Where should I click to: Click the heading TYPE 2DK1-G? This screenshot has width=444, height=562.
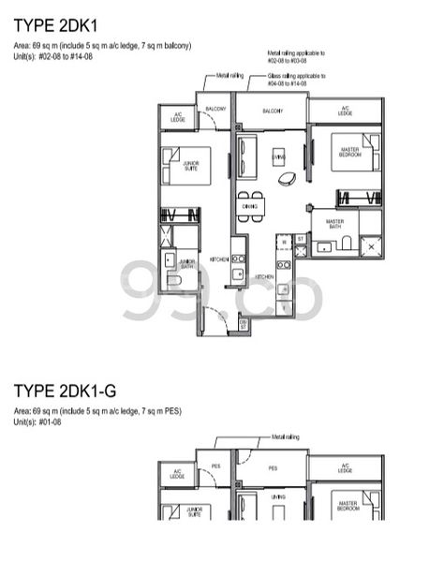63,389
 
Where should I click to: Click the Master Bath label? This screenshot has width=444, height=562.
334,224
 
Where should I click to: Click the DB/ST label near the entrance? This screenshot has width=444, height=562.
243,323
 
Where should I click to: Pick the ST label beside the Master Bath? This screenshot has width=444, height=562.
300,240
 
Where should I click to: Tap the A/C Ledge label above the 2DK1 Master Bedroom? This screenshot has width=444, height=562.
345,110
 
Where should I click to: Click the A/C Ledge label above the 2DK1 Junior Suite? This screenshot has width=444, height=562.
176,116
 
